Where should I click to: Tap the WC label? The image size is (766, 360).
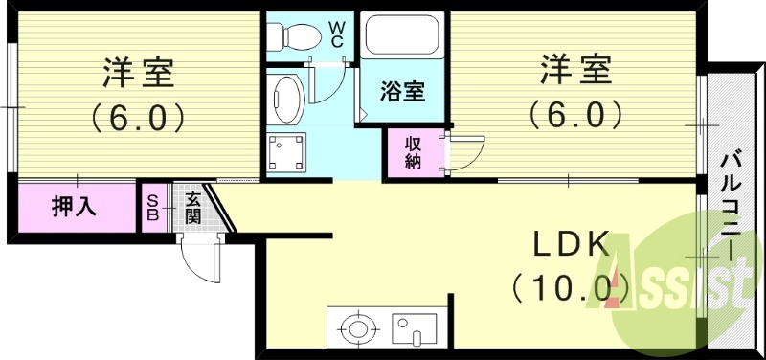coord(338,34)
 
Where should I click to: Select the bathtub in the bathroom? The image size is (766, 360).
coord(401,37)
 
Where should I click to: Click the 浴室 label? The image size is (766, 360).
coord(402,93)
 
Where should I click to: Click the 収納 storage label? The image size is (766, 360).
coord(413,152)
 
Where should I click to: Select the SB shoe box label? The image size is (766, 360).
coord(151,206)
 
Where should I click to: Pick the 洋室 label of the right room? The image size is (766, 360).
coord(574,72)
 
